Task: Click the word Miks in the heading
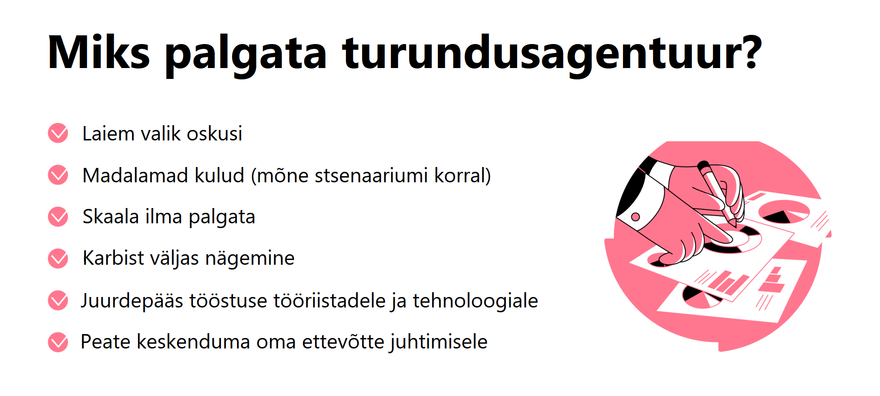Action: pos(99,52)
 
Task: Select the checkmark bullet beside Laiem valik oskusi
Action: pos(58,133)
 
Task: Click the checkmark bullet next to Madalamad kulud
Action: pos(58,175)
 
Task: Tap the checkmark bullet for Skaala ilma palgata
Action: pos(58,217)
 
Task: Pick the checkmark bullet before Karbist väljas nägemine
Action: pos(58,259)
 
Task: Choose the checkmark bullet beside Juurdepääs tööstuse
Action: pos(58,300)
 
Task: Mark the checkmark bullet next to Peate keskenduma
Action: pos(58,342)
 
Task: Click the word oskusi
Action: pos(214,133)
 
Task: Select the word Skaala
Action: pos(111,217)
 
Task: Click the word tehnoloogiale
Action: pos(475,300)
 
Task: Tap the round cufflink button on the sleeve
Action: pos(636,217)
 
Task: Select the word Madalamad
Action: pos(135,176)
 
